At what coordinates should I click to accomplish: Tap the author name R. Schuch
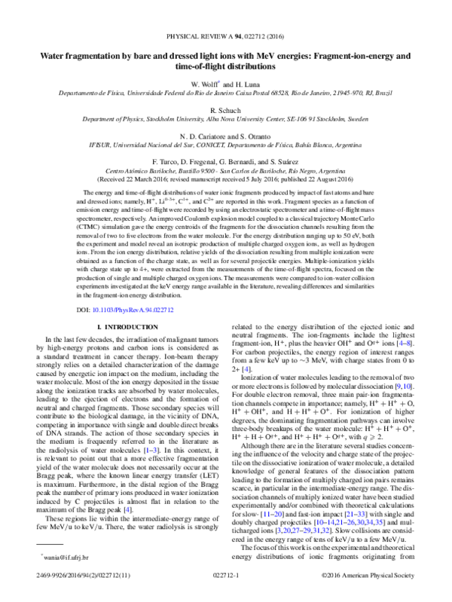click(226, 108)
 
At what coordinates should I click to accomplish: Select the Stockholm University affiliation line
click(226, 118)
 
